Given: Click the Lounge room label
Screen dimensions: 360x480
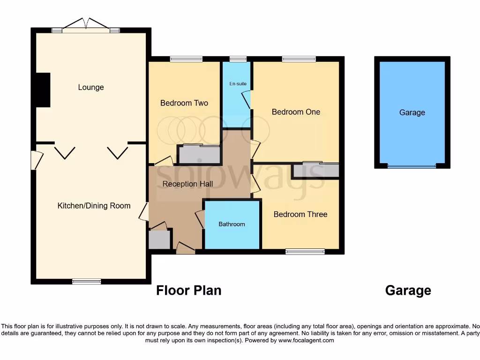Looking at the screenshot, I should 91,88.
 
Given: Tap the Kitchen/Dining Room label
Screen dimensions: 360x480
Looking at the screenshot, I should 94,206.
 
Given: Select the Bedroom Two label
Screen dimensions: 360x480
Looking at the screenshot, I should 184,103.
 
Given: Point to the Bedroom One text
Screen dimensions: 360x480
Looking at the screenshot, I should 296,112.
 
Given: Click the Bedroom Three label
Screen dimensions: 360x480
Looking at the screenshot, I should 300,214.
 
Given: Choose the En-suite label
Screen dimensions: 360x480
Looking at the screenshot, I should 238,84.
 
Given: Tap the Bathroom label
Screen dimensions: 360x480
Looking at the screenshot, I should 232,225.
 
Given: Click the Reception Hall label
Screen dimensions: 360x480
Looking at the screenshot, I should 187,184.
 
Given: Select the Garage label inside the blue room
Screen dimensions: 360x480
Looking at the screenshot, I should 412,112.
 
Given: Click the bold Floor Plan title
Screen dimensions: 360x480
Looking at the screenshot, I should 188,291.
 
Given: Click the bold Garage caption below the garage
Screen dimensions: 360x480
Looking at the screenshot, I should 408,291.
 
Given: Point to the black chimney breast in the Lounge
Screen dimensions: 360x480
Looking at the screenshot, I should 43,90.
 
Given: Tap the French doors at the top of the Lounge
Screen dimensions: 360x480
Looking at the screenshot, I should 85,26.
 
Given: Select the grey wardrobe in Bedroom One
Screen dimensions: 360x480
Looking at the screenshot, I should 315,170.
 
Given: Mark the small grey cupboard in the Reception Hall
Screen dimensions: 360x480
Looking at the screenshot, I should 159,239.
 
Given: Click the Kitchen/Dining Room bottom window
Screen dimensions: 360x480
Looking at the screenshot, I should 87,282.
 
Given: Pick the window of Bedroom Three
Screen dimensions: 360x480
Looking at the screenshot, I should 305,252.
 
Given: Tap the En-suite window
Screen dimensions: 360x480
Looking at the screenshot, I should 238,59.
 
